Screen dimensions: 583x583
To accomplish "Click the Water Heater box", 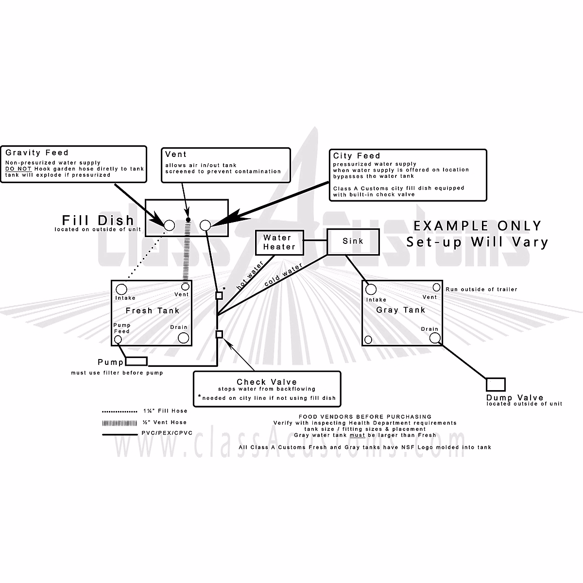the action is (279, 242).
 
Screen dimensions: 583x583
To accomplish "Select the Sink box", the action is (352, 241).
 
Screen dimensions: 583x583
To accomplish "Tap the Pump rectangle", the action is (137, 361).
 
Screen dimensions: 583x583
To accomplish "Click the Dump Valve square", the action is (496, 384).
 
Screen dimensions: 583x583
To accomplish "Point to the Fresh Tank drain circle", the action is (183, 338).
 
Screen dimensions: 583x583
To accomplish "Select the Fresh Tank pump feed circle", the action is (117, 340).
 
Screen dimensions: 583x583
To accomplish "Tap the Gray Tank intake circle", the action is (371, 290).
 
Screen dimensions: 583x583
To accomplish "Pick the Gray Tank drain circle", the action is (434, 338).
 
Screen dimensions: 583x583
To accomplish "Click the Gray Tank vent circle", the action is (436, 288).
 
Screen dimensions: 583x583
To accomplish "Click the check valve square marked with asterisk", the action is (219, 294).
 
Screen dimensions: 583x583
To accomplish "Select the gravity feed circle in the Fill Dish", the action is (169, 225).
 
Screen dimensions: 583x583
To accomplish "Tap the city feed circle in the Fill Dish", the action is (205, 225).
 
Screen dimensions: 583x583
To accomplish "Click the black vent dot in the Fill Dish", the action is (188, 220).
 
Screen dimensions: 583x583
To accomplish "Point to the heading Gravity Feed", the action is (37, 153).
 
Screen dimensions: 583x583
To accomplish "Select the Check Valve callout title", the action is (267, 382).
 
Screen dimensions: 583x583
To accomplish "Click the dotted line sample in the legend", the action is (120, 411).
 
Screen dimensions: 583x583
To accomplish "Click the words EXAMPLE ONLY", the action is (477, 225).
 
